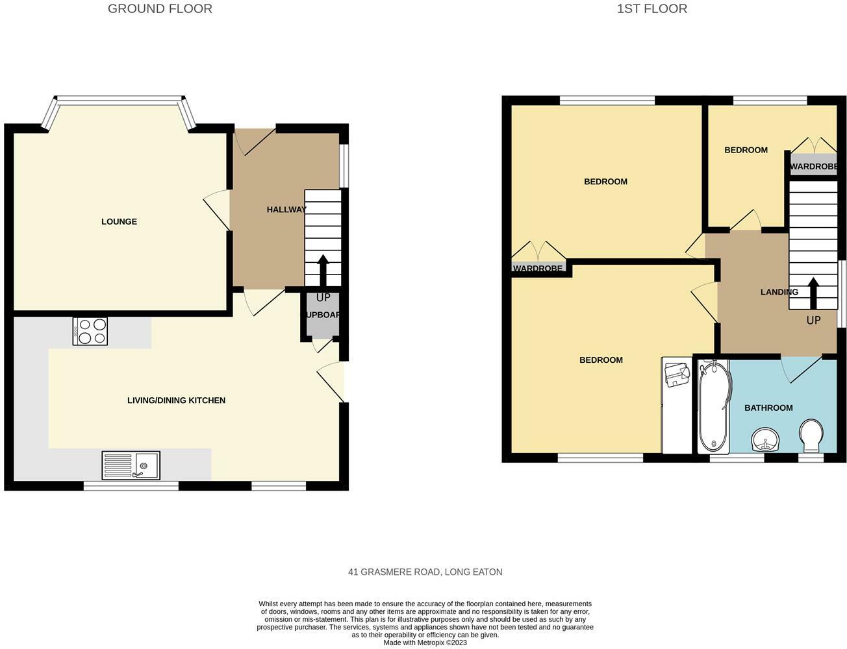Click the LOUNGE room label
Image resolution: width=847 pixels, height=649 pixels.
tap(119, 222)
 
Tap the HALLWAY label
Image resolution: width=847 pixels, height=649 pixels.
tap(286, 210)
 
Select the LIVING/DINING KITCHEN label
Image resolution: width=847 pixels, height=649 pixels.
tap(176, 400)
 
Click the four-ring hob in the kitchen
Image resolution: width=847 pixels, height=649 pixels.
tap(90, 331)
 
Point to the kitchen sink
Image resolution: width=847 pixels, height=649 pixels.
tap(131, 465)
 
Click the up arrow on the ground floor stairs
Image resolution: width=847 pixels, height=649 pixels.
tap(322, 270)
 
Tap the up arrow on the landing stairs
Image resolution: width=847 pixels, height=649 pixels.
tap(813, 294)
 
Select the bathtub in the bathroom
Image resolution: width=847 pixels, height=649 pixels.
tap(713, 406)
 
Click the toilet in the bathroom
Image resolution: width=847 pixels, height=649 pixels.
tap(811, 435)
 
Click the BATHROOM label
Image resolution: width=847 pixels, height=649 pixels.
tap(768, 408)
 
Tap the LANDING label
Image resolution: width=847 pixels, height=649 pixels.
tap(779, 292)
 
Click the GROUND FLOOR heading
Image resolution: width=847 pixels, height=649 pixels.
tap(160, 9)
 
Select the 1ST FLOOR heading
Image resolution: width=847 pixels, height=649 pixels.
tap(651, 9)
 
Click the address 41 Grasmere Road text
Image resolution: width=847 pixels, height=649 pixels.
tap(425, 572)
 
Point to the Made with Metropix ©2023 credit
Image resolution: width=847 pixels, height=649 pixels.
tap(425, 643)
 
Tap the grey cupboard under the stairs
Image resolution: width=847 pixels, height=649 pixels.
tap(322, 315)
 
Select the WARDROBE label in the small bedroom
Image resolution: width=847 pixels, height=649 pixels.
tap(813, 167)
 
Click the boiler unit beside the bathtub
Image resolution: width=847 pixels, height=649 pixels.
tap(676, 374)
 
